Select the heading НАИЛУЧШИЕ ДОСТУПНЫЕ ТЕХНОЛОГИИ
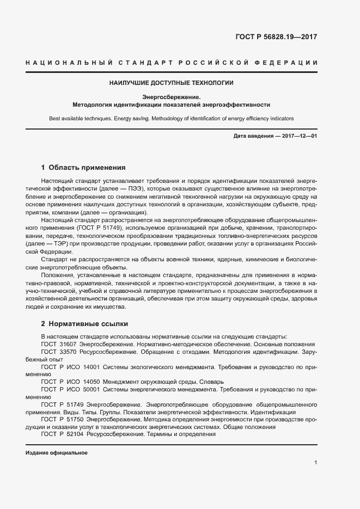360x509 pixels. click(x=172, y=83)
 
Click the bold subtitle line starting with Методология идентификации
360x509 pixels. click(x=172, y=104)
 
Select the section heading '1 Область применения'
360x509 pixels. click(x=83, y=168)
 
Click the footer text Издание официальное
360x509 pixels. click(x=57, y=453)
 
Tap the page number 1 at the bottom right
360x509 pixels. click(x=315, y=463)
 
